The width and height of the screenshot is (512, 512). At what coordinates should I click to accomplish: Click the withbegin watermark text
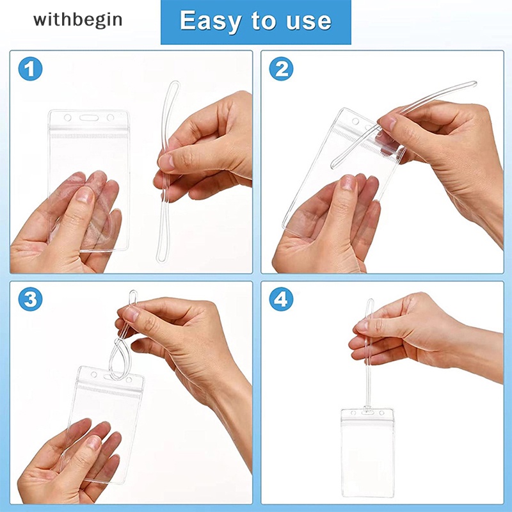pos(77,20)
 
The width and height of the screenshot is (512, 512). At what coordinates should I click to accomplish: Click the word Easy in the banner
pos(212,21)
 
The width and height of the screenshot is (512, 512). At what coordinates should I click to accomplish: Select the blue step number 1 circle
pos(30,68)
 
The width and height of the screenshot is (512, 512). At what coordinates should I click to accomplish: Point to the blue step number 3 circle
pos(30,299)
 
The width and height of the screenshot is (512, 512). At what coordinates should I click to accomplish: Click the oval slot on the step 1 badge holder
pos(88,118)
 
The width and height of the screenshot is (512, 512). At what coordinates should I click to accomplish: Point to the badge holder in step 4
pos(367,454)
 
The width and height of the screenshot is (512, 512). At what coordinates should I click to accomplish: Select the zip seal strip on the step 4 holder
pos(367,422)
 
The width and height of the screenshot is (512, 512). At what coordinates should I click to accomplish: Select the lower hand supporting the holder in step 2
pos(326,224)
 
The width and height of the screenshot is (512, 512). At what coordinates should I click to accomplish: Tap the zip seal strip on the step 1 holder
pos(88,136)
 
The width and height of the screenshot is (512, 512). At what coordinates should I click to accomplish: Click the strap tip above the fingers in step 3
pos(132,296)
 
